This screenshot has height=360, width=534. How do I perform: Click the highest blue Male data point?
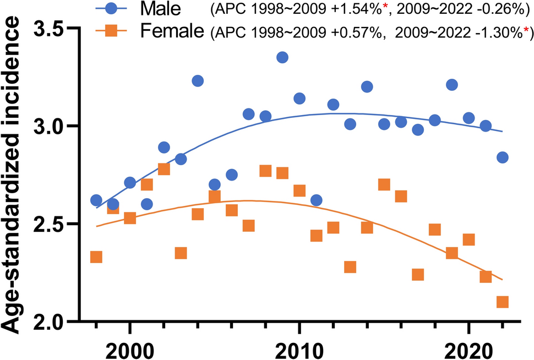pyautogui.click(x=282, y=57)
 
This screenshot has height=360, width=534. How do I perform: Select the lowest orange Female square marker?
pyautogui.click(x=502, y=302)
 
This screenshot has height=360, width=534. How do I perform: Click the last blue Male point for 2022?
pyautogui.click(x=502, y=157)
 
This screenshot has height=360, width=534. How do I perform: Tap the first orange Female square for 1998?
pyautogui.click(x=96, y=257)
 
